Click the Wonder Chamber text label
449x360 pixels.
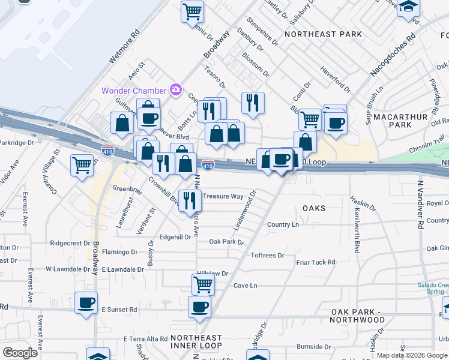click(134, 91)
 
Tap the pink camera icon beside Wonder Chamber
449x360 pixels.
click(176, 90)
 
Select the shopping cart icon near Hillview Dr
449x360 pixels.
click(203, 284)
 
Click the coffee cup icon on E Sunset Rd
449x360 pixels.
click(86, 302)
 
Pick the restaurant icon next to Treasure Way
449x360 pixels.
click(190, 200)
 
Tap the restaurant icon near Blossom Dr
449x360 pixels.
click(253, 102)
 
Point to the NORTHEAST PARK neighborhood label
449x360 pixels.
click(324, 34)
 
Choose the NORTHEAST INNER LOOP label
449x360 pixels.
click(196, 342)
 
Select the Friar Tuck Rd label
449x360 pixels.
click(315, 262)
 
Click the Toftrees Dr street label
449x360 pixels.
click(267, 256)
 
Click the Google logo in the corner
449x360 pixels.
click(20, 352)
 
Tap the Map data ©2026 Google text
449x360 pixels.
click(411, 355)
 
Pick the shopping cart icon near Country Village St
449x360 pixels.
click(82, 165)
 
